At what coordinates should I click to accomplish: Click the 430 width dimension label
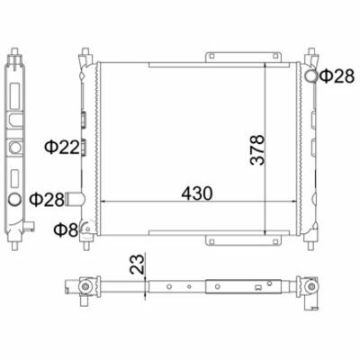(x=197, y=193)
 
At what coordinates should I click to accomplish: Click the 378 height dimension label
(x=257, y=149)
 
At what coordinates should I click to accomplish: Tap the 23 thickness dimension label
(x=137, y=264)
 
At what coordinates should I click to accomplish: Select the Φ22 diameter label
(x=62, y=148)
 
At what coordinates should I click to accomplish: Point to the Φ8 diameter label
(x=66, y=229)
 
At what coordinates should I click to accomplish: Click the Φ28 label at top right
(x=337, y=76)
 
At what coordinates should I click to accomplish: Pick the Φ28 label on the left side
(x=47, y=200)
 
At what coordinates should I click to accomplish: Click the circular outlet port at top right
(x=311, y=76)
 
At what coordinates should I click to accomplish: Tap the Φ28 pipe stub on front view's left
(x=75, y=199)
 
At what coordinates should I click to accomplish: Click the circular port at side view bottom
(x=14, y=200)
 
